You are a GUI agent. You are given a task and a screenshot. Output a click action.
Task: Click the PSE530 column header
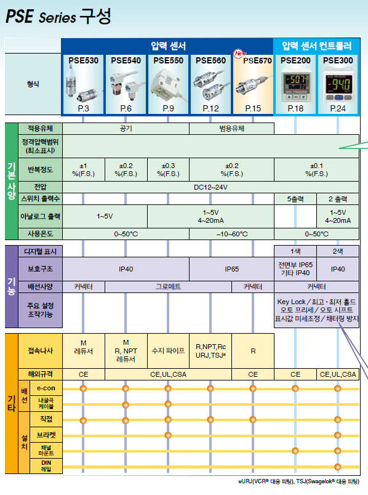click(83, 60)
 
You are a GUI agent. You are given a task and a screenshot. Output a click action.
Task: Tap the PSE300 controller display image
click(338, 84)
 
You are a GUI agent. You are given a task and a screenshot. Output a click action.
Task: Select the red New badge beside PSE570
click(239, 54)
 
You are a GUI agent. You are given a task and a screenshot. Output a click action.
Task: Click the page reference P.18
click(295, 108)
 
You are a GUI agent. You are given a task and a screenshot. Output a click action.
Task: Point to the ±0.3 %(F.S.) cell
click(168, 169)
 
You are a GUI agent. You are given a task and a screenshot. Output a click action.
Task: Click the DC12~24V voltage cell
click(210, 187)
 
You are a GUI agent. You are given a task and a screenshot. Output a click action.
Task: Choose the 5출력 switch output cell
click(295, 199)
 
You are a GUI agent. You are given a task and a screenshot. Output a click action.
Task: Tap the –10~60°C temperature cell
click(231, 234)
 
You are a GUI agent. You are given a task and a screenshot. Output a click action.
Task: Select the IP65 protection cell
click(231, 269)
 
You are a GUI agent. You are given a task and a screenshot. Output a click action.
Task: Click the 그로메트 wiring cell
click(168, 287)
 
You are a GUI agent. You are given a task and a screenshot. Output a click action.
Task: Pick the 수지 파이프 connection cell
click(168, 351)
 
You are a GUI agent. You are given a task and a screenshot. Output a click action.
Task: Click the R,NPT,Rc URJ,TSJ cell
click(210, 351)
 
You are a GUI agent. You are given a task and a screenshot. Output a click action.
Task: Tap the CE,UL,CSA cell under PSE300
click(338, 374)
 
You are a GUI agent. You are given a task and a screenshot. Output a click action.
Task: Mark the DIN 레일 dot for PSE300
click(338, 467)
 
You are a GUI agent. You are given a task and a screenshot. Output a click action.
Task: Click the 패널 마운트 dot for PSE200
click(295, 451)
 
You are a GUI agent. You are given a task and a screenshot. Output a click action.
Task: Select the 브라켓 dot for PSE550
click(168, 435)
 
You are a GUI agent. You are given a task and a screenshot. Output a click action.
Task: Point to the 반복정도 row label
click(40, 169)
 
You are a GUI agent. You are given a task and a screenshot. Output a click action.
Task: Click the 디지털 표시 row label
click(40, 251)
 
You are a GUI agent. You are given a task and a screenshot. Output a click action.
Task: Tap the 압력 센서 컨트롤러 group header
click(316, 46)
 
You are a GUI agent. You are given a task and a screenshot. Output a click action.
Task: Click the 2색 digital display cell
click(338, 251)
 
